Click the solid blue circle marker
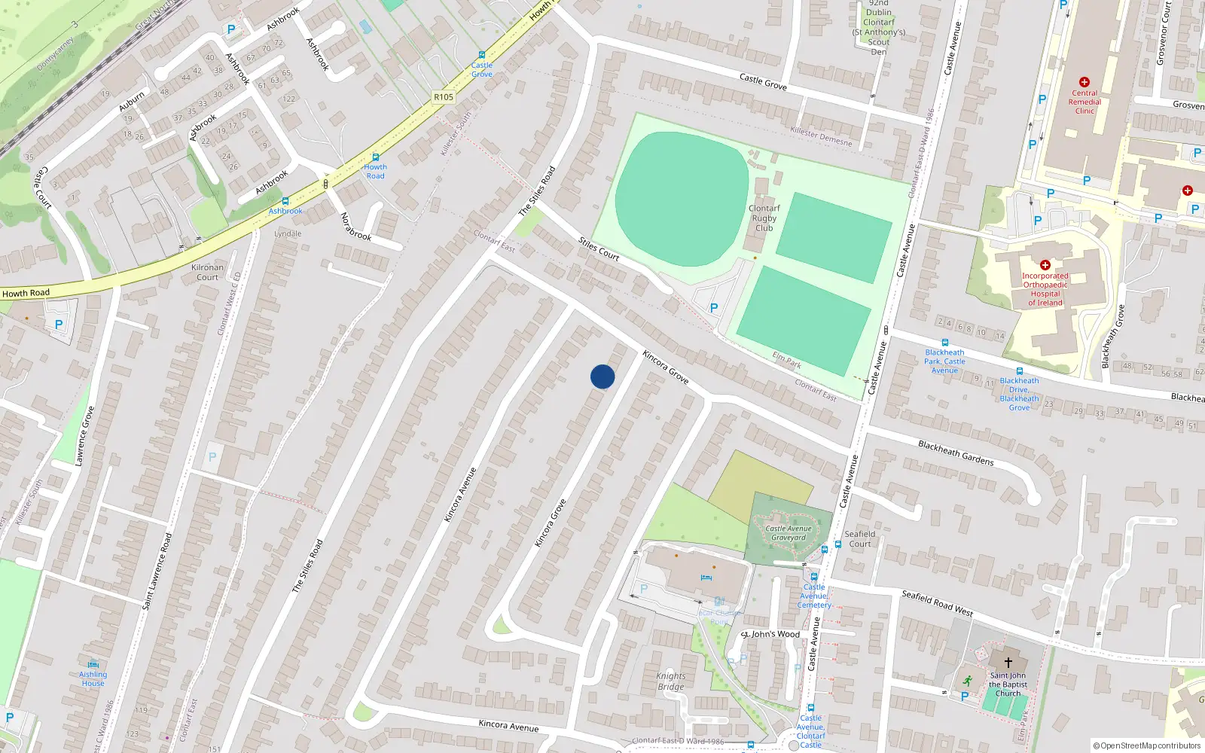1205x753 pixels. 602,376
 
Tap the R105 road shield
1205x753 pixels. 444,97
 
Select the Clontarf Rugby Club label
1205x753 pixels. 764,218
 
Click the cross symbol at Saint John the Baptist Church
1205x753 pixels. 1008,663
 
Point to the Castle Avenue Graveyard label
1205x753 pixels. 789,533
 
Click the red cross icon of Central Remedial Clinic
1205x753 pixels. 1084,82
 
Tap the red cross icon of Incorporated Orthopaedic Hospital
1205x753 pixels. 1045,265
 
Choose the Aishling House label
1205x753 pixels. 93,678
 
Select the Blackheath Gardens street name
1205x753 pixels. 956,453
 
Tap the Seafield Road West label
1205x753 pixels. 937,603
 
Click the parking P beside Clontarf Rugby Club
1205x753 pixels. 714,307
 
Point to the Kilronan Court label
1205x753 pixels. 207,272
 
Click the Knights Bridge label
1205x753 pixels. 670,681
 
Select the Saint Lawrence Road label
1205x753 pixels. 157,571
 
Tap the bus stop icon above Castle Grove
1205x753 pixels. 482,55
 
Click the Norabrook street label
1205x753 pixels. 355,226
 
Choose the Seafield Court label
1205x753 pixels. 859,538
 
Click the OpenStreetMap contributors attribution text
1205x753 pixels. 1146,745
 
